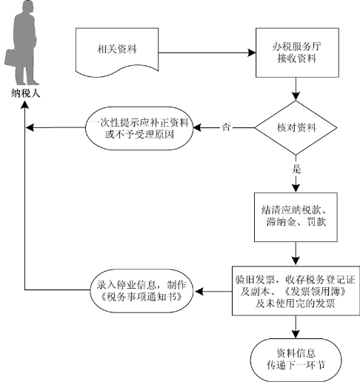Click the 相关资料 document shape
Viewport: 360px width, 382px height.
tap(117, 50)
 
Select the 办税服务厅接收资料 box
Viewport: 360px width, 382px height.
tap(297, 53)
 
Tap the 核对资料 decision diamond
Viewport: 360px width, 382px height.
tap(296, 127)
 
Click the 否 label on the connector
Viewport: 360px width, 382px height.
tap(226, 127)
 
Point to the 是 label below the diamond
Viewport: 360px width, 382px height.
tap(296, 170)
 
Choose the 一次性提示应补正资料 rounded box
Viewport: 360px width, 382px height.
tap(139, 128)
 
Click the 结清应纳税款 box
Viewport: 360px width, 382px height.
tap(296, 217)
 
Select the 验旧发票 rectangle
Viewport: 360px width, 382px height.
tap(296, 291)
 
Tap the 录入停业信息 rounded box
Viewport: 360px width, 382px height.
tap(141, 291)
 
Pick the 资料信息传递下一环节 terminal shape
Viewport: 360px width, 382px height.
tap(296, 360)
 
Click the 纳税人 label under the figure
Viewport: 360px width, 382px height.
tap(25, 93)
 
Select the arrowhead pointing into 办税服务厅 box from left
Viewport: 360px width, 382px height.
tap(252, 53)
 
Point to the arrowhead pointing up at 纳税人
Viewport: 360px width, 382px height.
tap(25, 104)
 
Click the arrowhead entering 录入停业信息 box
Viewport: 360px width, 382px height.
tap(199, 291)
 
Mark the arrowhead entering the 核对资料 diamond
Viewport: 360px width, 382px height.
tap(296, 96)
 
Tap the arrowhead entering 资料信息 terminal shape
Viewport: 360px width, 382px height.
tap(296, 334)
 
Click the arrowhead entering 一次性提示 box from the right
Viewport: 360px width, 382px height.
tap(197, 127)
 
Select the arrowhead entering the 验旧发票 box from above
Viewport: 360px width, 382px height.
tap(296, 261)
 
